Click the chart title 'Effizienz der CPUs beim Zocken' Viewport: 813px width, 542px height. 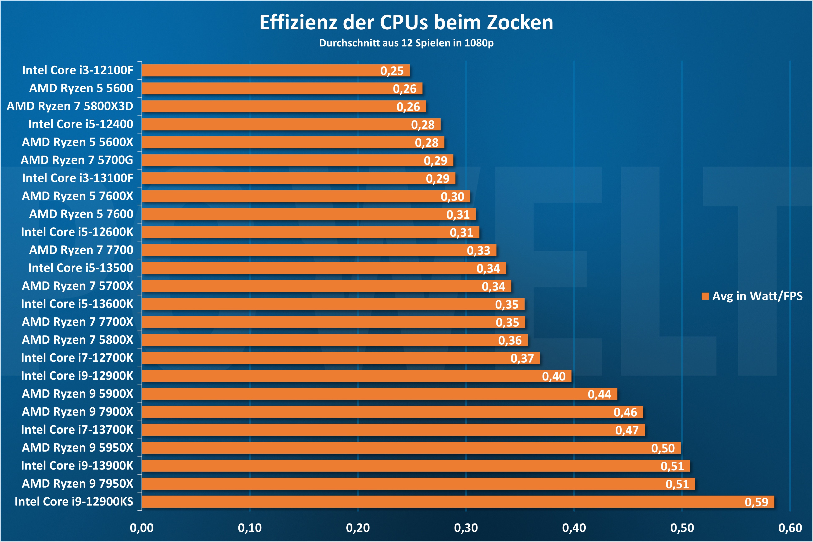(406, 23)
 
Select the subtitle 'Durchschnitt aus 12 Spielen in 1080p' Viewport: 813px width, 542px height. (406, 43)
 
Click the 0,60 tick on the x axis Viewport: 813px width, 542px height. (790, 528)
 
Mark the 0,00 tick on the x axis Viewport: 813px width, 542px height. (142, 528)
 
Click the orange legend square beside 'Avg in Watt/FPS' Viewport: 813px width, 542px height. (705, 296)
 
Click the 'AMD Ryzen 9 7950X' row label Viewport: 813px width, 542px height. (78, 483)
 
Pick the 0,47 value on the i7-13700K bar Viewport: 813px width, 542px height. (627, 430)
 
